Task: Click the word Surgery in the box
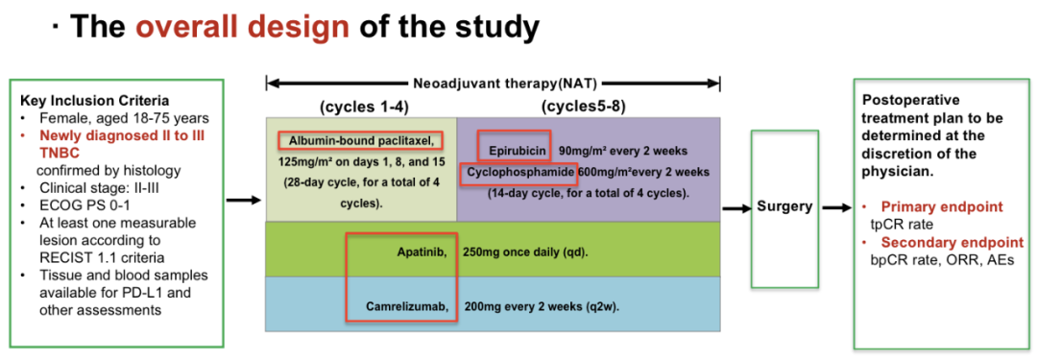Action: point(785,206)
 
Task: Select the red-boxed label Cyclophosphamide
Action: point(518,172)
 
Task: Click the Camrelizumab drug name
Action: point(408,306)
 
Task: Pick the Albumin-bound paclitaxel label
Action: point(360,140)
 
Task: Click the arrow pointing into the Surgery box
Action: point(735,209)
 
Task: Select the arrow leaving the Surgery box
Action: point(835,207)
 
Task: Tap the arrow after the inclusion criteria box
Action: point(243,199)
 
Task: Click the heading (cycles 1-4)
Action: point(360,106)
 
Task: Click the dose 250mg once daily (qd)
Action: point(526,252)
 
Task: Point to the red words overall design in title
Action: point(243,27)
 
